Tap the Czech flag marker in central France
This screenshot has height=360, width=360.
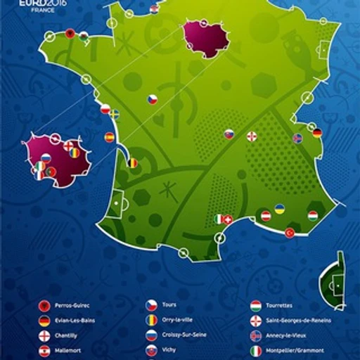pyautogui.click(x=152, y=100)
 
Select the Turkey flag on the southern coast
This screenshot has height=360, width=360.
pyautogui.click(x=290, y=233)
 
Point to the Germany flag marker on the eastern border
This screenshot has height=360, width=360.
pyautogui.click(x=317, y=132)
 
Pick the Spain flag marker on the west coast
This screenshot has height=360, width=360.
pyautogui.click(x=110, y=137)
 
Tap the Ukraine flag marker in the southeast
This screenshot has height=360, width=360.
pyautogui.click(x=279, y=210)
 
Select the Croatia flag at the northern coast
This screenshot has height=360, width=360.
pyautogui.click(x=154, y=8)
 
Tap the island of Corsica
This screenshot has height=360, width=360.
pyautogui.click(x=333, y=284)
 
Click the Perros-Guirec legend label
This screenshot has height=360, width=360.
pyautogui.click(x=75, y=307)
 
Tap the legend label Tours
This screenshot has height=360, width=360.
pyautogui.click(x=169, y=305)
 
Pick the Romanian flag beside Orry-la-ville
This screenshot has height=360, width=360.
pyautogui.click(x=151, y=320)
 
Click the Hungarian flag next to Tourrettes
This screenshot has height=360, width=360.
pyautogui.click(x=257, y=306)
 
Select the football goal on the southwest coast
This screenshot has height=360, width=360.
pyautogui.click(x=120, y=203)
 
